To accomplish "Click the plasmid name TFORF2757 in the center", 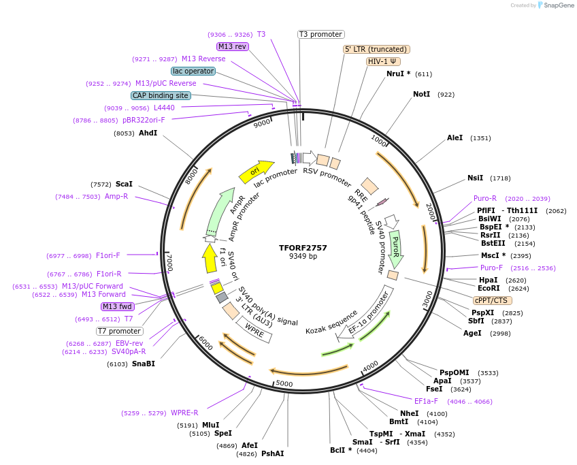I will [x=303, y=248].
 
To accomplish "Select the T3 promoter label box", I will [x=321, y=34].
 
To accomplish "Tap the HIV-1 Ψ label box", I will [x=383, y=61].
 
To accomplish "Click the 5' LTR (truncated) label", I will [x=376, y=49].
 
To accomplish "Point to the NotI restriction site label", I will [x=421, y=94].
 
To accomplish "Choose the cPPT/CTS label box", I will [x=493, y=300].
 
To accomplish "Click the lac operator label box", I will [x=193, y=71].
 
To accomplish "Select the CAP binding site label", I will [x=161, y=96].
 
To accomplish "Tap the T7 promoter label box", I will [x=119, y=331].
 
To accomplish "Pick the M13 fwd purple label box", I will [x=118, y=306].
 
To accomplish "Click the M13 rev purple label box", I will [x=232, y=46].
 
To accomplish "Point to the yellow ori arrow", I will [x=256, y=172].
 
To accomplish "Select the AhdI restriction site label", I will [x=148, y=133].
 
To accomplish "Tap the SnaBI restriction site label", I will [x=143, y=364].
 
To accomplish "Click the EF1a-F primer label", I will [x=426, y=401].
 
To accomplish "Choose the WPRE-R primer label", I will [x=184, y=413].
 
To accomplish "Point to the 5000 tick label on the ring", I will [x=284, y=384].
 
